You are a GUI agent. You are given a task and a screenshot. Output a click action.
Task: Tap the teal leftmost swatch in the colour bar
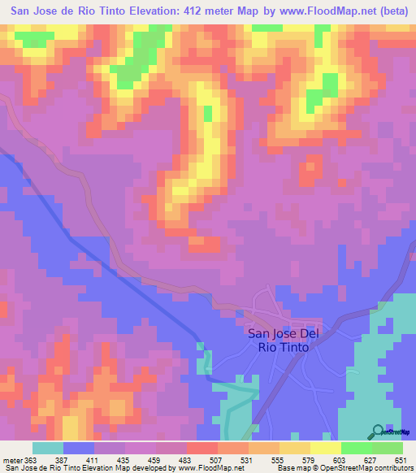click(x=48, y=448)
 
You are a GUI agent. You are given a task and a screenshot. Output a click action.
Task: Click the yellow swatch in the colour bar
click(x=324, y=448)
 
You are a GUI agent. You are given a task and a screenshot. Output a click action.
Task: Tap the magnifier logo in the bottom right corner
click(x=378, y=433)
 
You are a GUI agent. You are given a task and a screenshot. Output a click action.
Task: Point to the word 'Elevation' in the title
click(x=149, y=12)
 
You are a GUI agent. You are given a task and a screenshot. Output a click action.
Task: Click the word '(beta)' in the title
click(x=388, y=12)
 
